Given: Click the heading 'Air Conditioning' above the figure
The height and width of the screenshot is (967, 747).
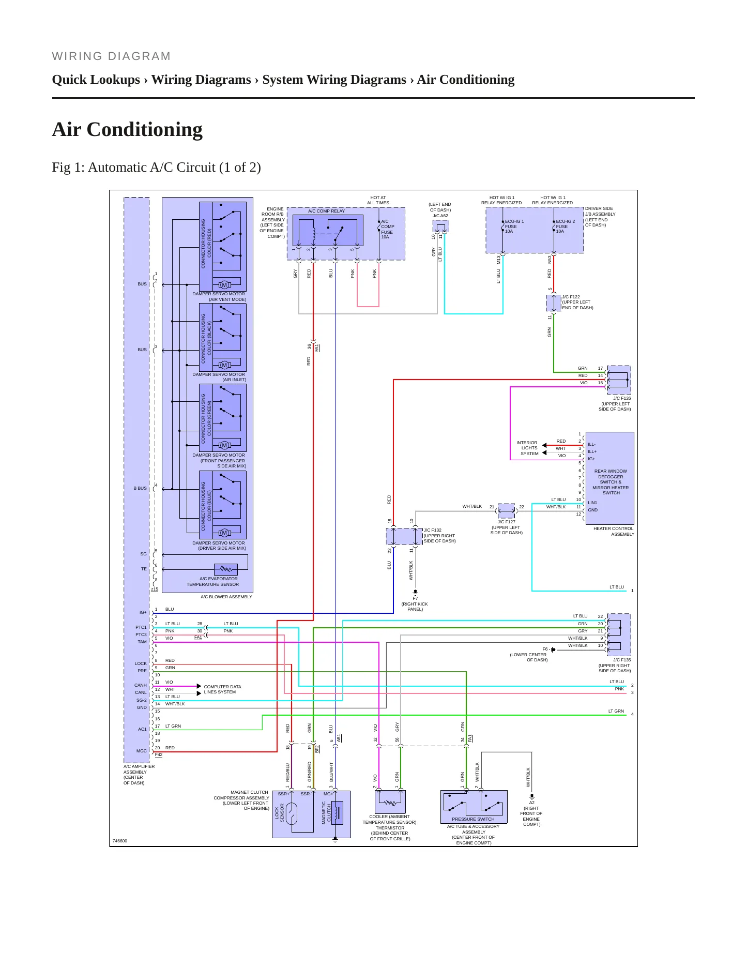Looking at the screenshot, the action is coord(127,129).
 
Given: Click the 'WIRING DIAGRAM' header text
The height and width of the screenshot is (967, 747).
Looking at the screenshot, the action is coord(111,56).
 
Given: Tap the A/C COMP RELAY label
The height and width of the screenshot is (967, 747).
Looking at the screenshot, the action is coord(326,211).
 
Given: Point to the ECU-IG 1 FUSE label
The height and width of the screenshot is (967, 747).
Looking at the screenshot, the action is coord(514,226).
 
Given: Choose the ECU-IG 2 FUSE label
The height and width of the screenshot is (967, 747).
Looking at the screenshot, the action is coord(565,226).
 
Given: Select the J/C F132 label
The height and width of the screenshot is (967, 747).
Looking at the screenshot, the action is coord(439,536).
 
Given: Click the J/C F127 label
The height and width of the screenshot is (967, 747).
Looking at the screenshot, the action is coord(507,527).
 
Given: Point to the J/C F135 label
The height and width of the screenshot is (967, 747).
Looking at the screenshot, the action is coord(615,666).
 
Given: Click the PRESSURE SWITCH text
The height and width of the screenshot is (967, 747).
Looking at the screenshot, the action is coord(473,819).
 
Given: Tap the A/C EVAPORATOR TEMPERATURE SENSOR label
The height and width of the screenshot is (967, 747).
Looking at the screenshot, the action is coord(213,582).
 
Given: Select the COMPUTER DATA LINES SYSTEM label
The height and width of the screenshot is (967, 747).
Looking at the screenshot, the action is coord(222,689).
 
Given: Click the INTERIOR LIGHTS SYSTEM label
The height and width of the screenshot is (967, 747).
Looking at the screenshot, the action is coord(527,448).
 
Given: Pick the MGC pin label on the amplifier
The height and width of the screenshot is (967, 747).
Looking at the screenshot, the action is coord(142,751).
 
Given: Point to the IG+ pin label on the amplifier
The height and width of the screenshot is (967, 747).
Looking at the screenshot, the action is coord(143,612).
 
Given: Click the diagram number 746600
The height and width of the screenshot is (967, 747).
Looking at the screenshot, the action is coord(119,841).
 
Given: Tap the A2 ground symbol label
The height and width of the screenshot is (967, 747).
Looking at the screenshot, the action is coord(531,803).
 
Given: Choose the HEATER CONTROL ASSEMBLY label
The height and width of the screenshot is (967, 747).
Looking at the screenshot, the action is coord(614,532).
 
